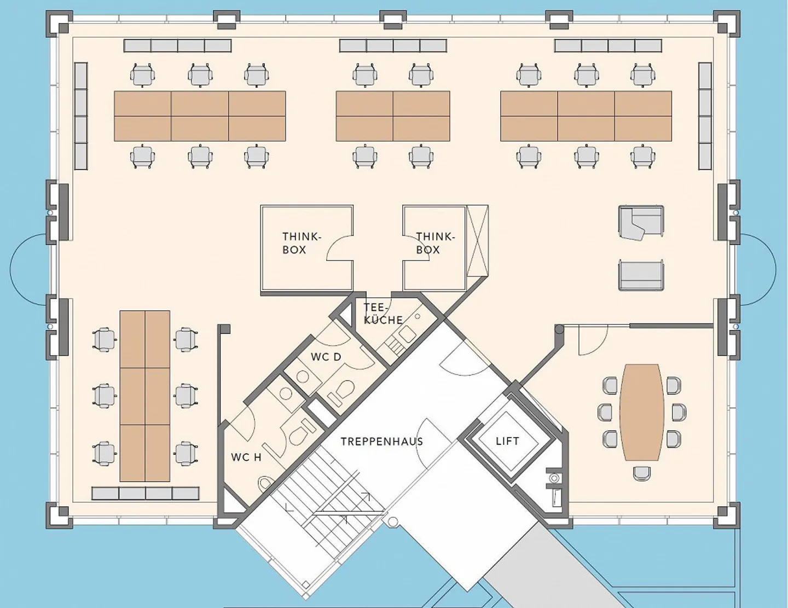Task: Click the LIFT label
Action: [x=507, y=441]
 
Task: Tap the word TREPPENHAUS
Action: [x=382, y=442]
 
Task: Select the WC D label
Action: [x=326, y=357]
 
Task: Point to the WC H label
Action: [x=246, y=458]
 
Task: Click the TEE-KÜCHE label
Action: [x=383, y=314]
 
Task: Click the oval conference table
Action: [x=642, y=412]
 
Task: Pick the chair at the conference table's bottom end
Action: [x=642, y=473]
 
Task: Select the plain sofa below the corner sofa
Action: [x=641, y=275]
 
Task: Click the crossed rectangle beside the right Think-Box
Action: [x=477, y=241]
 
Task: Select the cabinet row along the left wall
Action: [x=81, y=116]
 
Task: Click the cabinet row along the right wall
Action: [x=705, y=116]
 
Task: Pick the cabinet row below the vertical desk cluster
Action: [x=146, y=494]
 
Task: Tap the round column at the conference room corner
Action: [x=560, y=329]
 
